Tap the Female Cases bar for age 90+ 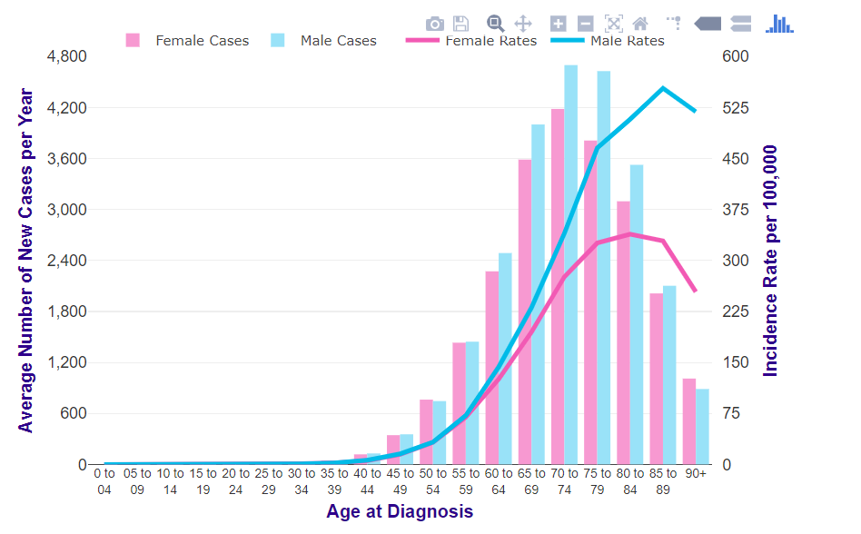[x=689, y=421]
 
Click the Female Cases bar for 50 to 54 [x=426, y=432]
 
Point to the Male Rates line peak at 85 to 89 [x=663, y=88]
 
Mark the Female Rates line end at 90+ [x=696, y=292]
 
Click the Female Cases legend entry [x=187, y=40]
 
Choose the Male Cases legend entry [x=323, y=40]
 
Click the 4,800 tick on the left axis [x=66, y=56]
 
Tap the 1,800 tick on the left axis [x=66, y=311]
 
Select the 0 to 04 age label [x=104, y=480]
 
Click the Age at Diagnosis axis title [x=400, y=511]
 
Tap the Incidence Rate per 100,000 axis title [x=771, y=261]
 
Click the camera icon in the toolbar [x=435, y=24]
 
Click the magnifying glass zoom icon [x=495, y=24]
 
